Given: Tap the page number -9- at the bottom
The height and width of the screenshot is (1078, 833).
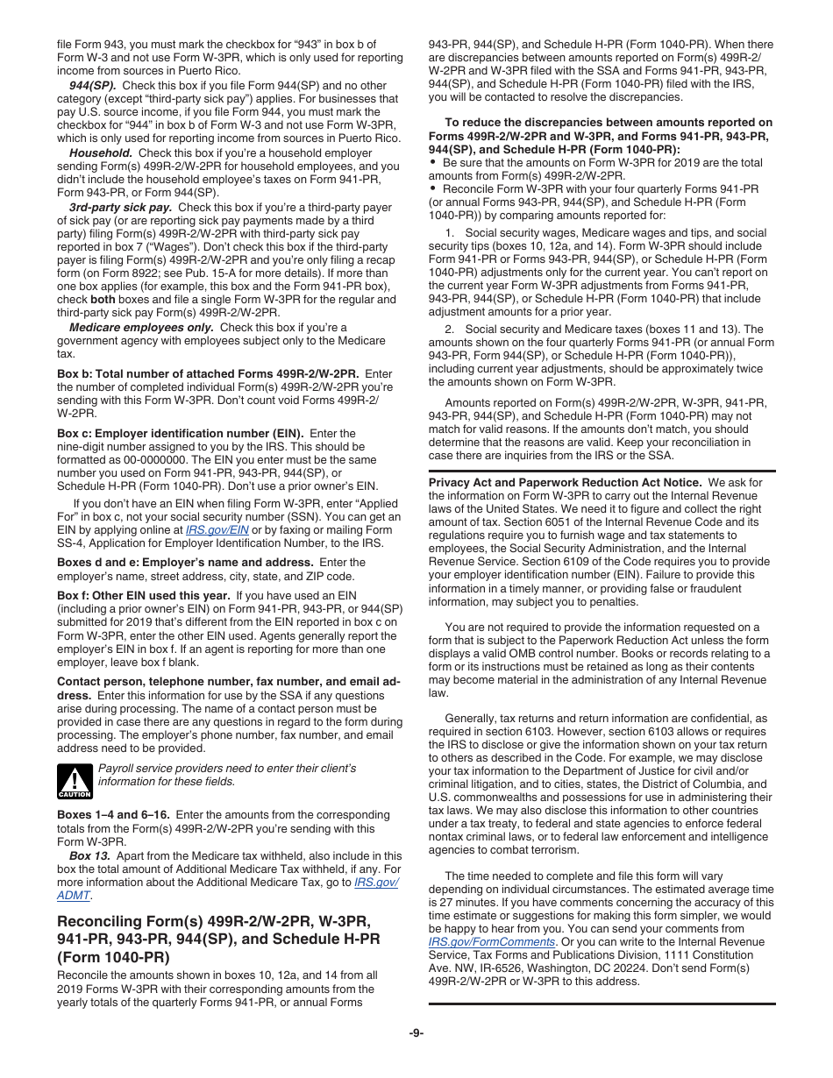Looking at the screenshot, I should pos(416,1032).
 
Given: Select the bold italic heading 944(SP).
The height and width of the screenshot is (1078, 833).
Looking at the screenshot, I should pos(93,85).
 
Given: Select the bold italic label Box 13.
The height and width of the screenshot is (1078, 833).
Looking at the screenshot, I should pos(89,855).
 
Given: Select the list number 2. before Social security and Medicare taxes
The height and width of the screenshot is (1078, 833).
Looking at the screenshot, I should pos(450,329).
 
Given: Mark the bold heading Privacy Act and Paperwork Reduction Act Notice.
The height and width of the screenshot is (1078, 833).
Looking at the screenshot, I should pos(565,482).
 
